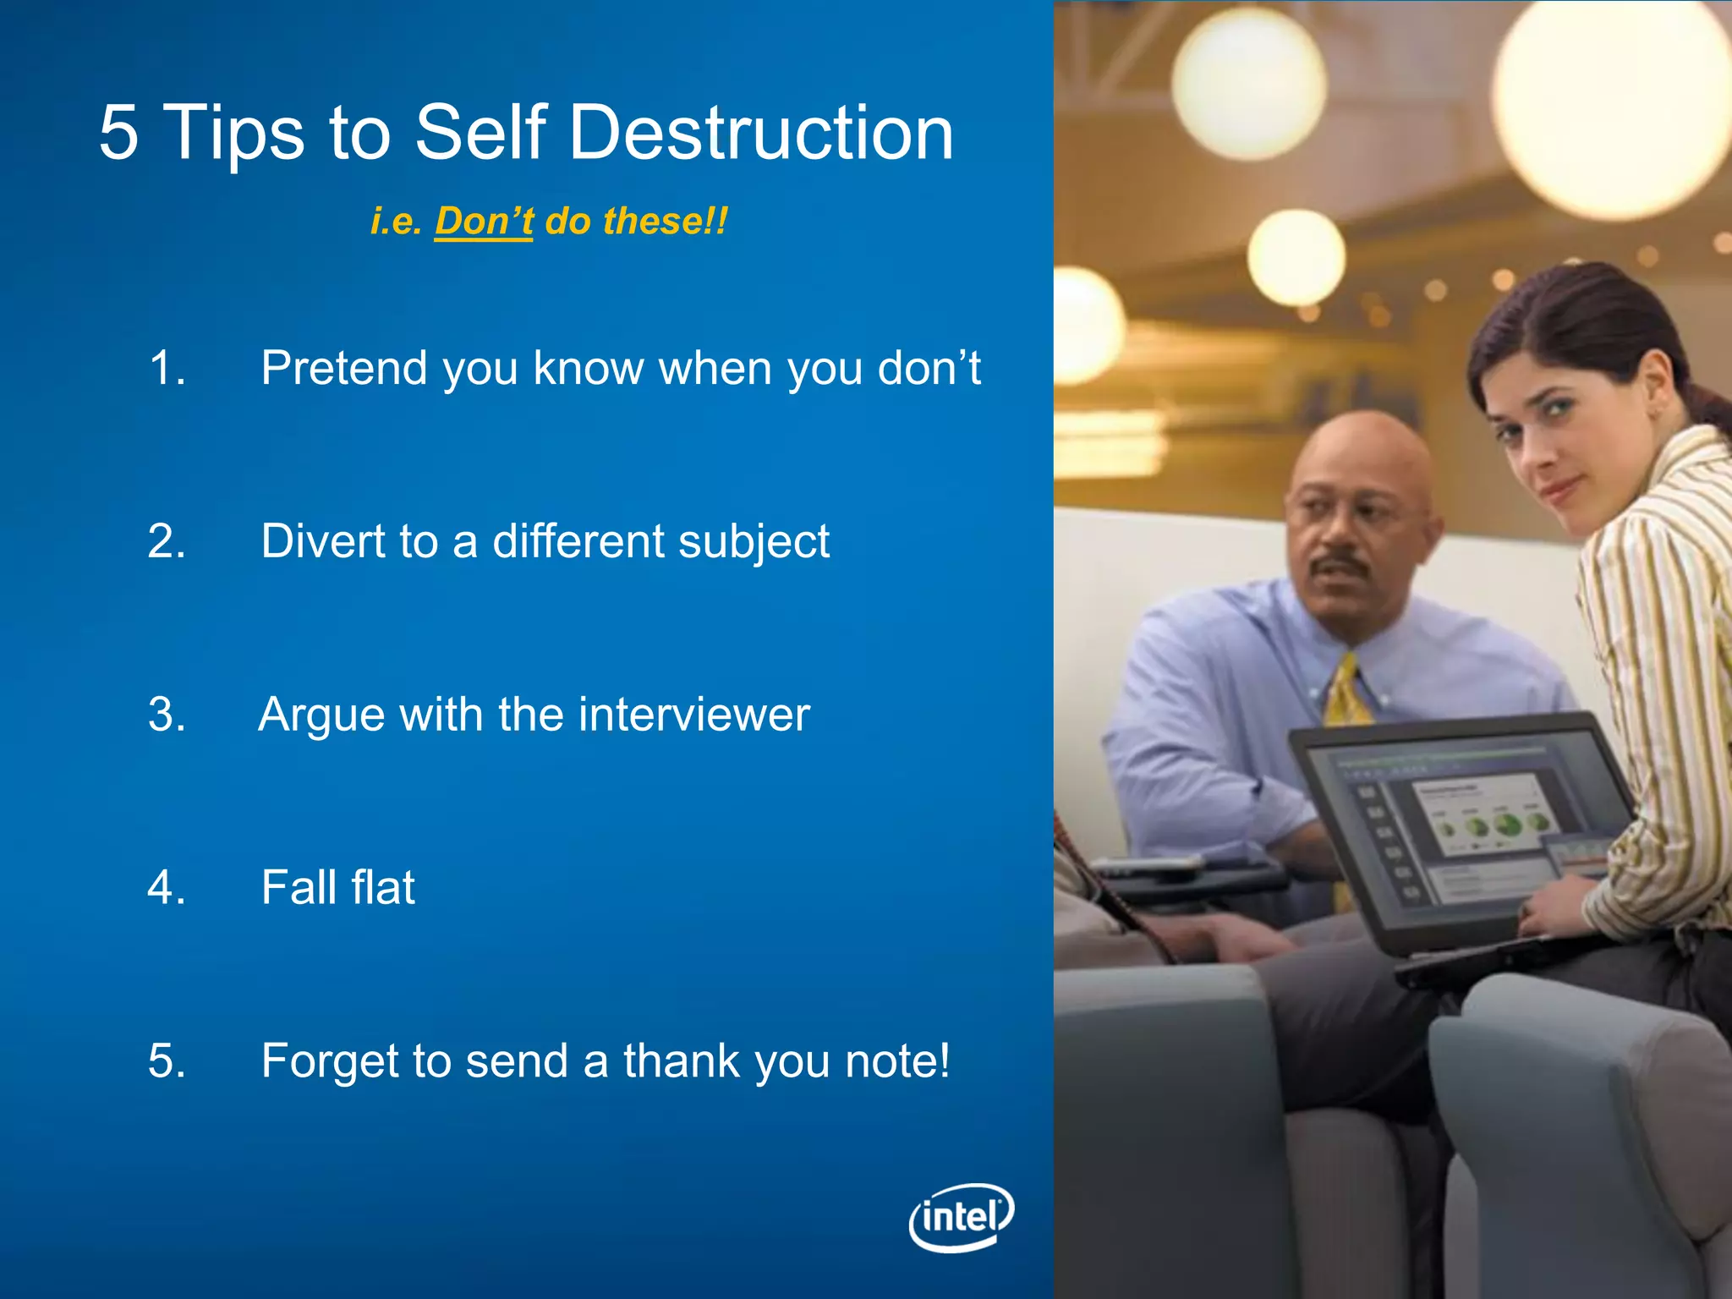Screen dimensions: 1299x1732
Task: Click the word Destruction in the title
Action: (762, 133)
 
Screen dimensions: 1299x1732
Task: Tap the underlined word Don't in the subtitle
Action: (484, 222)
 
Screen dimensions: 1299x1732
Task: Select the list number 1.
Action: (167, 369)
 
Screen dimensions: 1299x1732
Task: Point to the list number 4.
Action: (167, 888)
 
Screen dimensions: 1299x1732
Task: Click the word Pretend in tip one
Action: (343, 369)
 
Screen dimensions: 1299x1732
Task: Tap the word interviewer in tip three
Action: (694, 715)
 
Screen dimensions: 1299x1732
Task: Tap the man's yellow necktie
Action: (1346, 693)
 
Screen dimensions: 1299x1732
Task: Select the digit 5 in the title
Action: (118, 133)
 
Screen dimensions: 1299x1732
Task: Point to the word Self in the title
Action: (480, 133)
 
